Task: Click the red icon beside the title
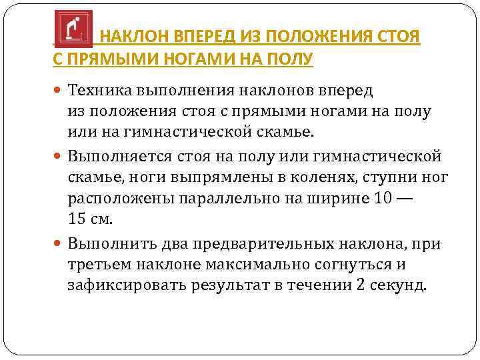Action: (73, 27)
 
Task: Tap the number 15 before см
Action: (78, 220)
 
